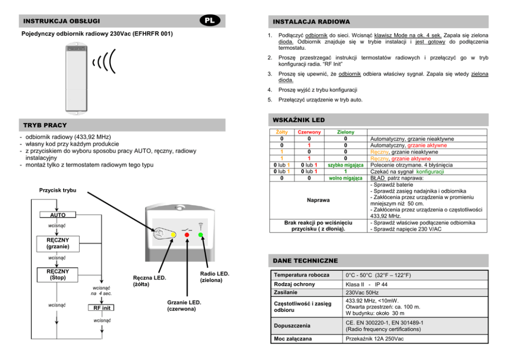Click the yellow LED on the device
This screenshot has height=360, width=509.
pyautogui.click(x=173, y=234)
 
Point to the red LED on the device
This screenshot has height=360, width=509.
pyautogui.click(x=187, y=234)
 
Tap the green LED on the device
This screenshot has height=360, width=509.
pyautogui.click(x=201, y=235)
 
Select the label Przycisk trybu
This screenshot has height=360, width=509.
pyautogui.click(x=57, y=190)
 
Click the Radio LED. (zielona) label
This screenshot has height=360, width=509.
pyautogui.click(x=214, y=277)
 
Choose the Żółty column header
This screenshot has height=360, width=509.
pyautogui.click(x=282, y=132)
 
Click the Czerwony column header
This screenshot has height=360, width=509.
pyautogui.click(x=309, y=132)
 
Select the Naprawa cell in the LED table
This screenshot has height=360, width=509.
pyautogui.click(x=318, y=201)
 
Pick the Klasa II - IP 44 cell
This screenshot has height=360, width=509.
pyautogui.click(x=367, y=284)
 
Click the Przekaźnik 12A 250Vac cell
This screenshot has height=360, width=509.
pyautogui.click(x=375, y=339)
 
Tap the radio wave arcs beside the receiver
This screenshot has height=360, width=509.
pyautogui.click(x=104, y=62)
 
